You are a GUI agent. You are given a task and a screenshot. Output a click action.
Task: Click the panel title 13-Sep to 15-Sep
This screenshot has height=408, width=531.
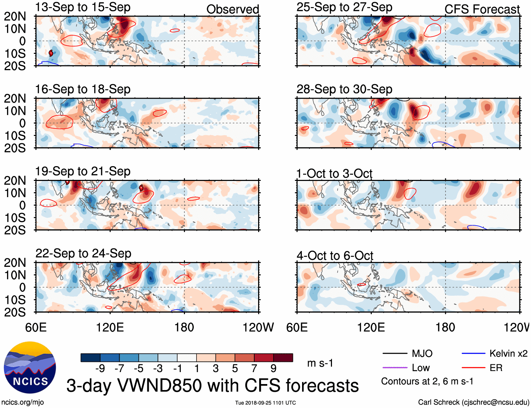(x=83, y=7)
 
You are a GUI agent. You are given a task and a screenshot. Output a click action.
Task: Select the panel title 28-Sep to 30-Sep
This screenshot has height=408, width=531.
(x=344, y=89)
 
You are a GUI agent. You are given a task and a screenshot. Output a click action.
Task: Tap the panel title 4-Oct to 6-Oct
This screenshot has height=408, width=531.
(x=335, y=256)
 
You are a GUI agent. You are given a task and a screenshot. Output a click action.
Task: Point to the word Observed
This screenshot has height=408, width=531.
(x=232, y=10)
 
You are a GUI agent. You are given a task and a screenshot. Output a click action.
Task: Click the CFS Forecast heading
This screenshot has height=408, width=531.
(x=482, y=10)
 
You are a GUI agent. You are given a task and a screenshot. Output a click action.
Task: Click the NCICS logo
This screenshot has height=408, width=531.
(x=30, y=368)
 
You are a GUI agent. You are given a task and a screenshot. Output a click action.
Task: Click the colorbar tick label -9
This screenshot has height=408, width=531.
(x=100, y=368)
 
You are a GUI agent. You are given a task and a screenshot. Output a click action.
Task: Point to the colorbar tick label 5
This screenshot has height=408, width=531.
(x=235, y=368)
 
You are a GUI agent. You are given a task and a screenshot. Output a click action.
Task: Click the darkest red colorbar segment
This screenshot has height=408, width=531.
(x=283, y=358)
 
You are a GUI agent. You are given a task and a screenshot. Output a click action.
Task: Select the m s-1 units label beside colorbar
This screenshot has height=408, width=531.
(x=320, y=363)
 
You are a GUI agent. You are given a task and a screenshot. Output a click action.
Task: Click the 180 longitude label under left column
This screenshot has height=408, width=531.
(x=184, y=327)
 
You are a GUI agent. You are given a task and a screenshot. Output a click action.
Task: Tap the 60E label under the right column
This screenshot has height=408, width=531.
(x=297, y=327)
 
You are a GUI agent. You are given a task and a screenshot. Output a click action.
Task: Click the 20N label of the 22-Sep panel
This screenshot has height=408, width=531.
(x=15, y=263)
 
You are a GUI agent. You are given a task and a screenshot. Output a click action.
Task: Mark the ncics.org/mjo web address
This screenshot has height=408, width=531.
(x=23, y=402)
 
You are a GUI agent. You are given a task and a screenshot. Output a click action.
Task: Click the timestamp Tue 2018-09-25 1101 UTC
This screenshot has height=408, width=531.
(x=265, y=403)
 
